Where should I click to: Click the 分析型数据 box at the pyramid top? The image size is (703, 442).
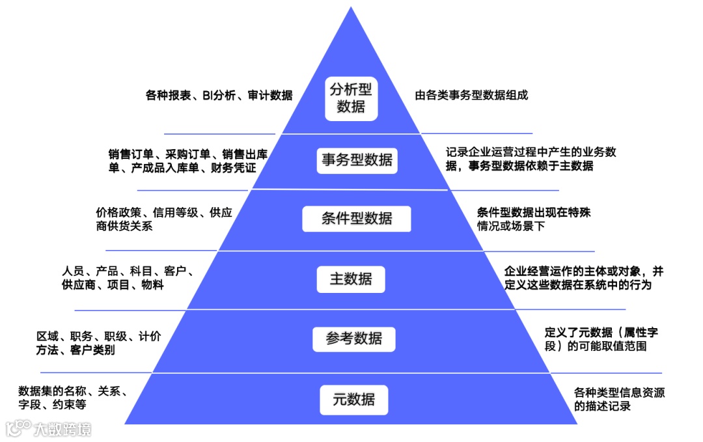pos(351,98)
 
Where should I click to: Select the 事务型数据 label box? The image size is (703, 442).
pos(357,159)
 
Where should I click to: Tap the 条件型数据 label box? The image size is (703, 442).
pos(357,219)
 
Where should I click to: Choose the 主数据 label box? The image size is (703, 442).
pos(351,279)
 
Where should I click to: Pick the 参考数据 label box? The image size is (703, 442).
pos(354,339)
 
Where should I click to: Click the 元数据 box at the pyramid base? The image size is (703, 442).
pos(354,400)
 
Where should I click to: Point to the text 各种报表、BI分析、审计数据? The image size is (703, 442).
pos(219,96)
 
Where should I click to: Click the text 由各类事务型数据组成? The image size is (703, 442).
pos(471,95)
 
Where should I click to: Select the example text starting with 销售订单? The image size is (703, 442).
pos(188,161)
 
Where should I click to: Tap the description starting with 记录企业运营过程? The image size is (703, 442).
pos(531,159)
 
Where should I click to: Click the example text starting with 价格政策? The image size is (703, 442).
pos(163,219)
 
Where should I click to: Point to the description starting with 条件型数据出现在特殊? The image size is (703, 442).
pos(534,219)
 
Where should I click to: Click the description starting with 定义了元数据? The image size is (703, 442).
pos(601,339)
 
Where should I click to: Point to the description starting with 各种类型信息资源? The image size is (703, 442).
pos(619,399)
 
